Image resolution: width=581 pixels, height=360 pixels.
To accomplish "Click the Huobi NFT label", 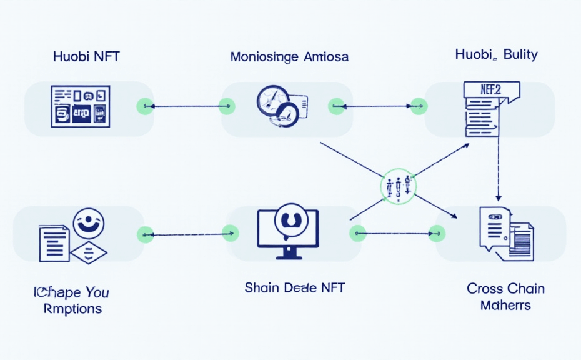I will coord(86,56).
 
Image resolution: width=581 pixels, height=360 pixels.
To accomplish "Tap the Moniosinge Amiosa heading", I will coord(289,57).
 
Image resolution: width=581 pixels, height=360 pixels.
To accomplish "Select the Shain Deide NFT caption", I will coord(294,288).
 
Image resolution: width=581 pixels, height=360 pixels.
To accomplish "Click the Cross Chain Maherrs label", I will coord(505,297).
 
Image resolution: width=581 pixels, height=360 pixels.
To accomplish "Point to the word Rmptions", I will coord(72,309).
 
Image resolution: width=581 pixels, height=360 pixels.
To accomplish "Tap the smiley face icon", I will coord(89,223).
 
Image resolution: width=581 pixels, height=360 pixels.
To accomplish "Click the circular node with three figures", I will coord(398,186).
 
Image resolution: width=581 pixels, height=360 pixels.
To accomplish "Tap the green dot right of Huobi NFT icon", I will coord(145,106).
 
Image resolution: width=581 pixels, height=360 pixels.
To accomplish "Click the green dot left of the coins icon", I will coord(227,106).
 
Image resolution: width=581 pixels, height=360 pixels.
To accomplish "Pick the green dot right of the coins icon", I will coord(336,106).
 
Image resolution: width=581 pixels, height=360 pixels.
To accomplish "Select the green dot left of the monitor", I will coord(231,234).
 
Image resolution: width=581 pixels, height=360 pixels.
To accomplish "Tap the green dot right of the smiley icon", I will coord(145,234).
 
